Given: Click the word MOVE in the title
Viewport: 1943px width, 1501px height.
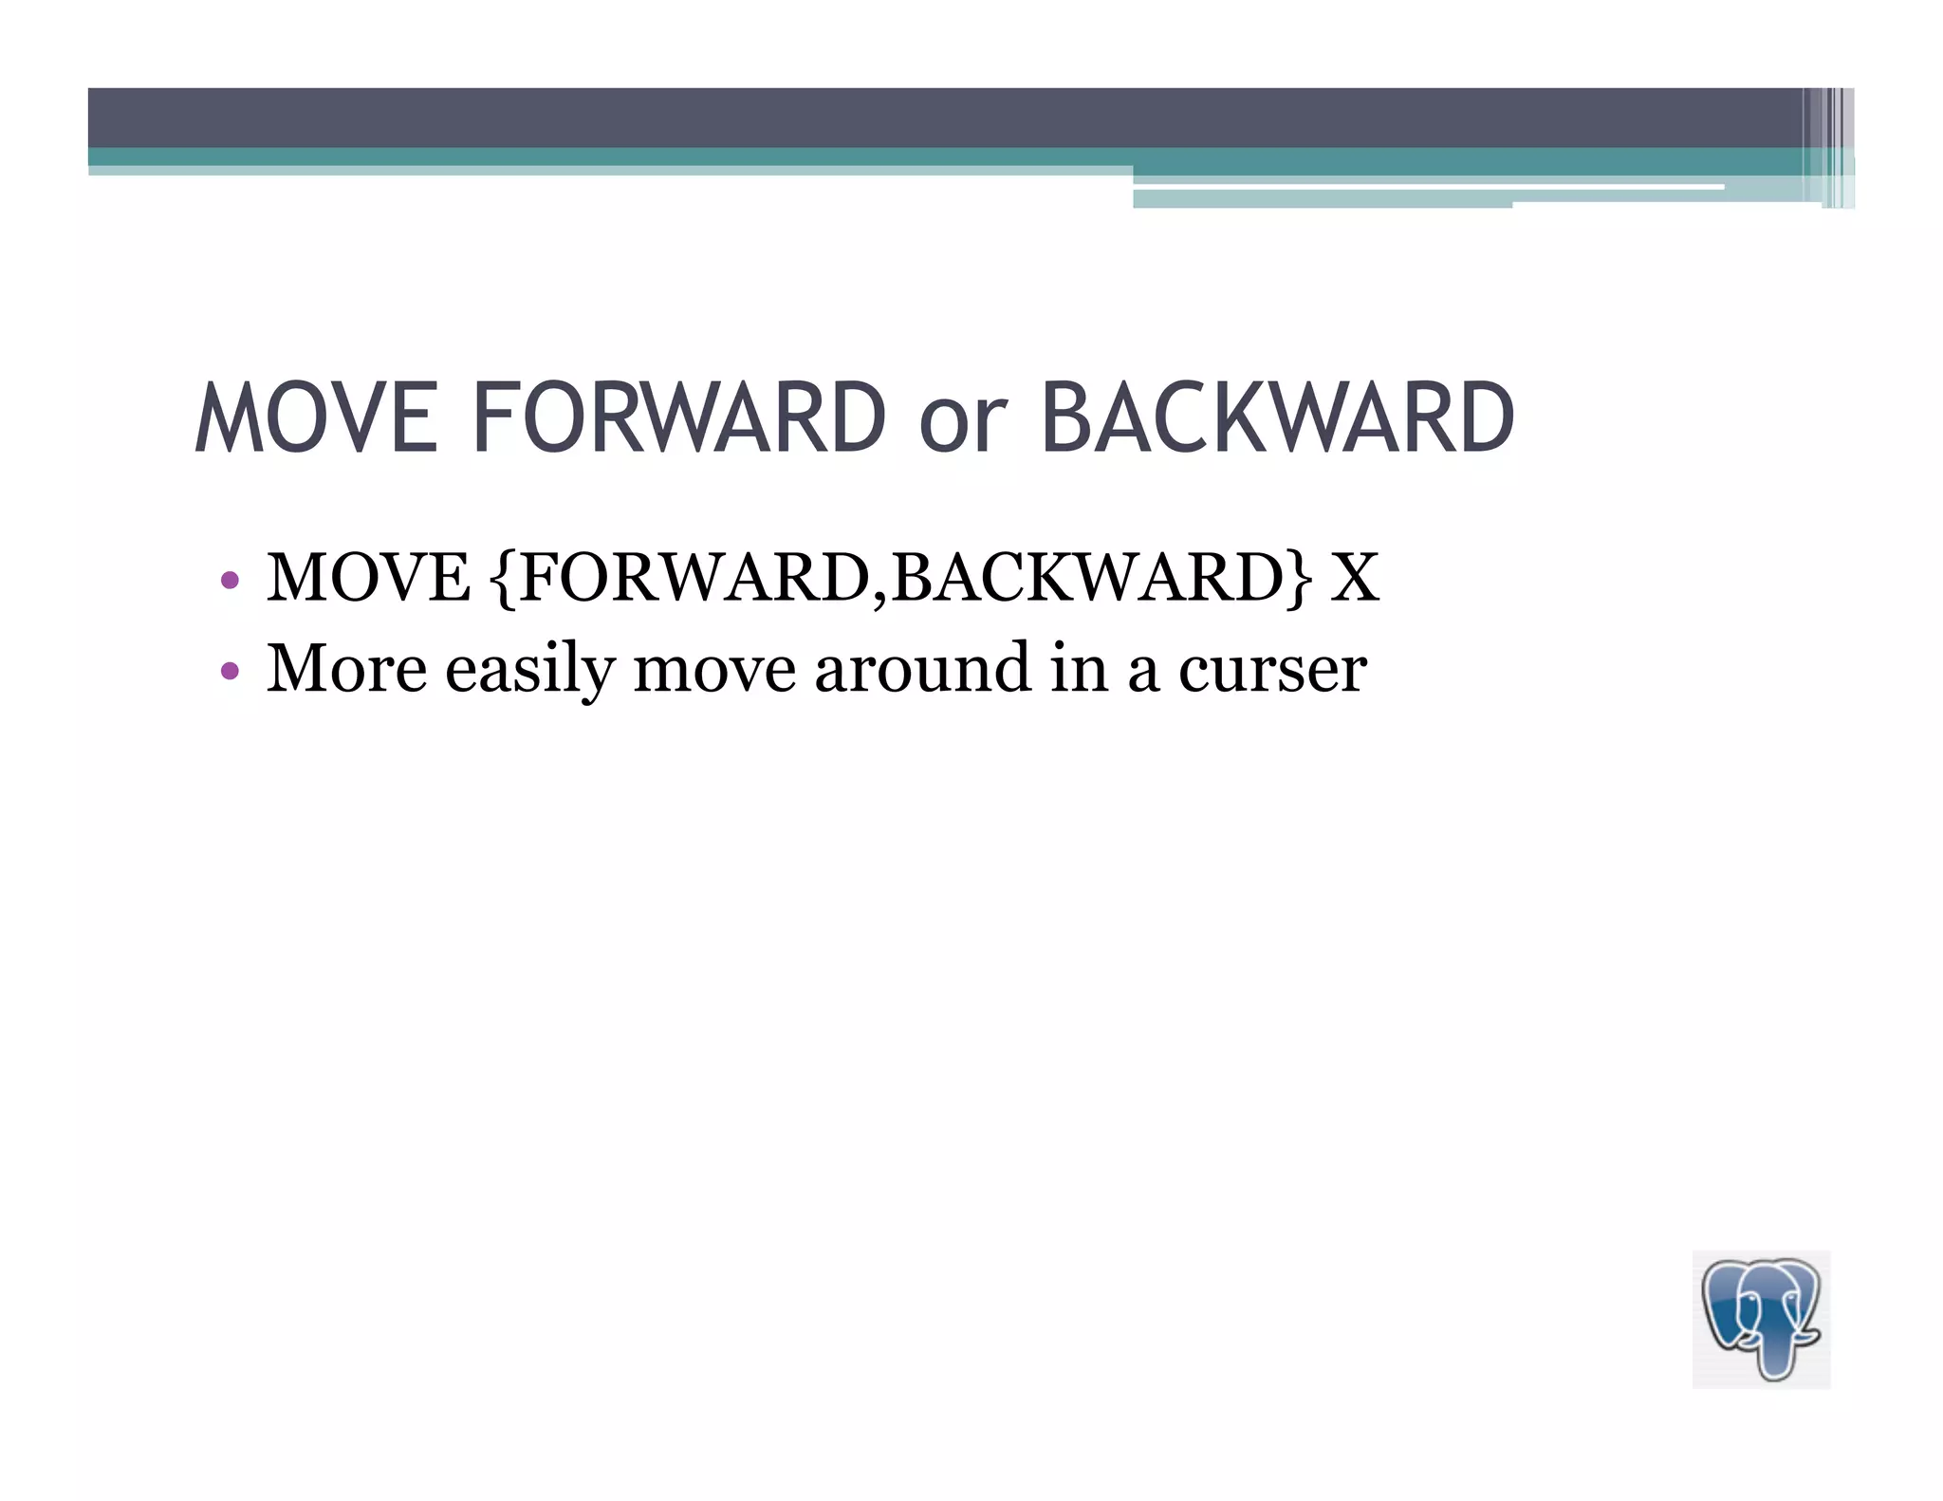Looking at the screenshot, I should (x=316, y=417).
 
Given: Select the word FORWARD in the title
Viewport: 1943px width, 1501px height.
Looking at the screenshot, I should (x=678, y=417).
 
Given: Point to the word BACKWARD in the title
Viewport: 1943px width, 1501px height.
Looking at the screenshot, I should (x=1277, y=417).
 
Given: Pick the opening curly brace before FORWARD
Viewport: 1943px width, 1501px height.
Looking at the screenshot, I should (x=506, y=579).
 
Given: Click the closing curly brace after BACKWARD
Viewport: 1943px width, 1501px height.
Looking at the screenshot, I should (x=1301, y=579).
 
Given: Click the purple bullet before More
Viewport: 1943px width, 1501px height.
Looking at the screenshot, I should (x=229, y=671).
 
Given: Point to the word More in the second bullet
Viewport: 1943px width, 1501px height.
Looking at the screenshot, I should (x=346, y=668).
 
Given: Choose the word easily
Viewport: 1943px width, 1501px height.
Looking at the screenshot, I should (x=529, y=670).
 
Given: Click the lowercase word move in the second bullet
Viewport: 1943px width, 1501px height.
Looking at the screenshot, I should (x=713, y=670).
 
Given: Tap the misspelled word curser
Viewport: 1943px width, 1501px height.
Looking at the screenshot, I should (x=1272, y=670).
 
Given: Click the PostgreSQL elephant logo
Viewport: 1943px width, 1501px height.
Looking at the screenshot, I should (x=1761, y=1319).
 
